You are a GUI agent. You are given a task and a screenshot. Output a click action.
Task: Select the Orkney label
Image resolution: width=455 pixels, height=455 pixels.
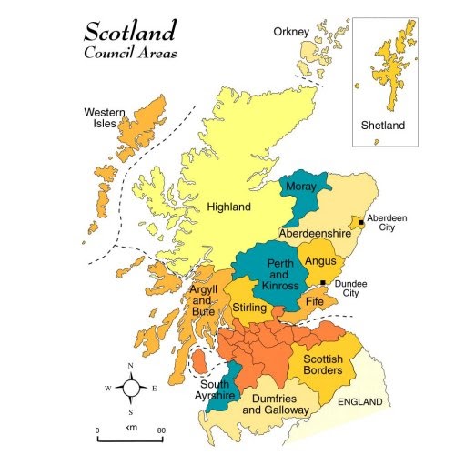(x=291, y=33)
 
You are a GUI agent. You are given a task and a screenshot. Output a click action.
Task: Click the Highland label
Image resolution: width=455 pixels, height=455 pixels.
(x=228, y=207)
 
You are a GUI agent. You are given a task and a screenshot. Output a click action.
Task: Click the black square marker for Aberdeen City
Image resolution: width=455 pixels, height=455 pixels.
(x=361, y=222)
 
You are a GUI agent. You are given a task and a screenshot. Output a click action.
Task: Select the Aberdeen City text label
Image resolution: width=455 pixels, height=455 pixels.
(x=388, y=224)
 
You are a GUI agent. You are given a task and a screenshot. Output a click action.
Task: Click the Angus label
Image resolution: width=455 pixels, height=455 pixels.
(x=320, y=261)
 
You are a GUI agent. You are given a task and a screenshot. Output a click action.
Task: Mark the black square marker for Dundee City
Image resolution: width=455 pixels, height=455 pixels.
(x=324, y=283)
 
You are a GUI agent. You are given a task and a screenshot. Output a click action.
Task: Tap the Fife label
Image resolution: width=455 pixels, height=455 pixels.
(x=315, y=300)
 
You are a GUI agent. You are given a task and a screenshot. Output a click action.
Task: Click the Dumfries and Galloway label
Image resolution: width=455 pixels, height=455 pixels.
(x=276, y=405)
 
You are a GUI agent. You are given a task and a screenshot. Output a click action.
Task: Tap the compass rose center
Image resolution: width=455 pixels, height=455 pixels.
(x=131, y=389)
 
